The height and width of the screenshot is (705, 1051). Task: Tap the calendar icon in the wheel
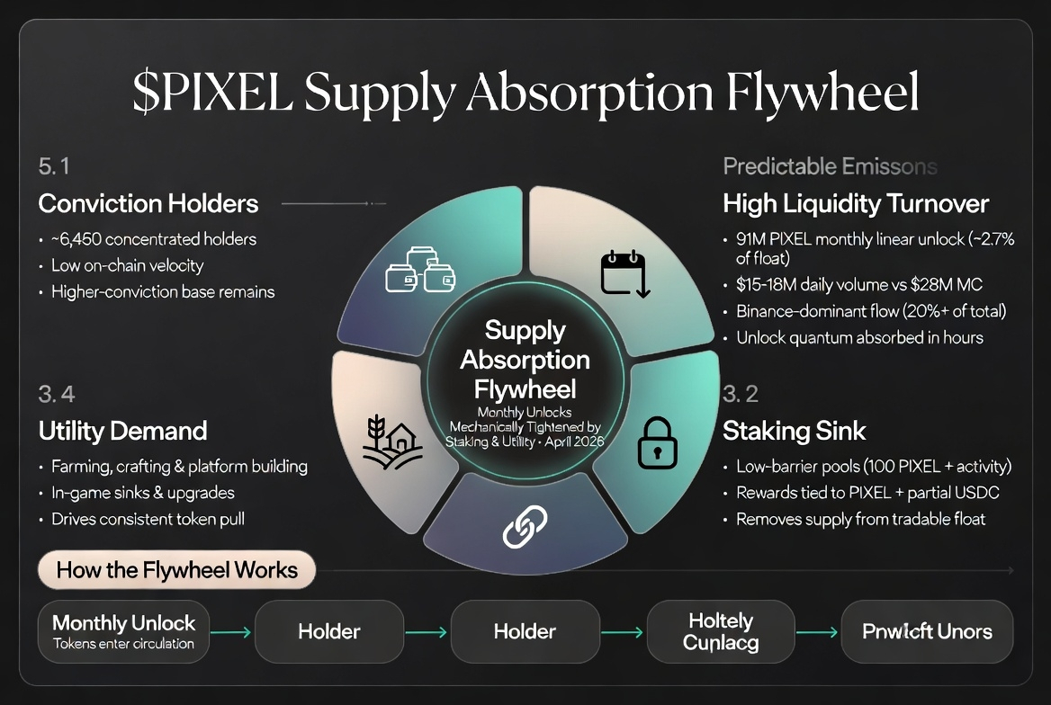pyautogui.click(x=623, y=273)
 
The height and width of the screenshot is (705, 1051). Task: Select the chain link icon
pyautogui.click(x=524, y=526)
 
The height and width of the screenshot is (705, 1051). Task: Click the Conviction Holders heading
pyautogui.click(x=148, y=204)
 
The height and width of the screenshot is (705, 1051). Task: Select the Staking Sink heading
pyautogui.click(x=794, y=431)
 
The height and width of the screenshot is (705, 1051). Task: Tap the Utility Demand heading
pyautogui.click(x=122, y=431)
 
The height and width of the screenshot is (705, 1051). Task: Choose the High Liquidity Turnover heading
pyautogui.click(x=856, y=204)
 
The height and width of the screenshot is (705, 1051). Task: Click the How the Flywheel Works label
pyautogui.click(x=176, y=569)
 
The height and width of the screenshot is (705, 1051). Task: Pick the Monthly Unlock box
pyautogui.click(x=124, y=631)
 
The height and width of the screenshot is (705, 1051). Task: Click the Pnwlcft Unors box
pyautogui.click(x=926, y=631)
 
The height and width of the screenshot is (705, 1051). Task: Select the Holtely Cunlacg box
pyautogui.click(x=721, y=631)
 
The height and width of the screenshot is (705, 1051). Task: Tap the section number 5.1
pyautogui.click(x=54, y=166)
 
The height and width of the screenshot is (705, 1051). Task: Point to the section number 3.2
pyautogui.click(x=740, y=393)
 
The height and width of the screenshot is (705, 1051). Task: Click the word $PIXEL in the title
pyautogui.click(x=211, y=93)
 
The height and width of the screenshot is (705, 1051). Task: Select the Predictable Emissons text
pyautogui.click(x=830, y=166)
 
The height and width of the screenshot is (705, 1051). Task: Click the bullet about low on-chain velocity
pyautogui.click(x=127, y=265)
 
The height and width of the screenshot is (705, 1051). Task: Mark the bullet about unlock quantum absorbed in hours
pyautogui.click(x=859, y=337)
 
